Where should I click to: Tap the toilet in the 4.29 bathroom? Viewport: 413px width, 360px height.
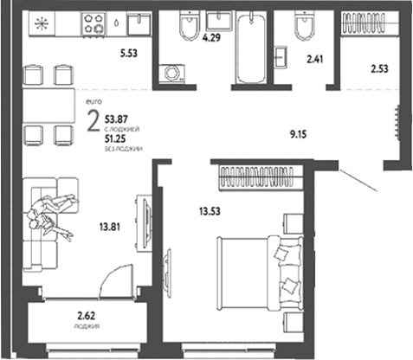pyautogui.click(x=188, y=31)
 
